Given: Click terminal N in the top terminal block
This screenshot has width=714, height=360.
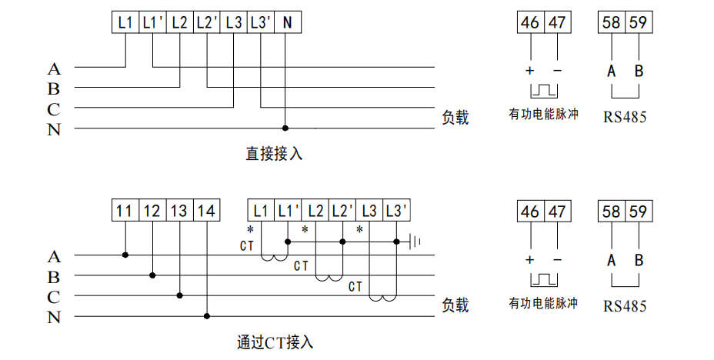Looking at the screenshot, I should (x=288, y=22).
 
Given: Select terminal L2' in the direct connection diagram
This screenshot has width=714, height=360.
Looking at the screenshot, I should (x=206, y=22).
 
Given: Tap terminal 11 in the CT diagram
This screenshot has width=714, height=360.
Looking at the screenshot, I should (x=125, y=211).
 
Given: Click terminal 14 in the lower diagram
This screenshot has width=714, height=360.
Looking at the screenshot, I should (x=205, y=211).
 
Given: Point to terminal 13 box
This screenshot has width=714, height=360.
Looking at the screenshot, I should (x=178, y=211).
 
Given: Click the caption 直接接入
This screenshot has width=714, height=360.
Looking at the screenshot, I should (x=275, y=154).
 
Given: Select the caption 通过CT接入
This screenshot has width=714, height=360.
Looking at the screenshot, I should (x=275, y=342).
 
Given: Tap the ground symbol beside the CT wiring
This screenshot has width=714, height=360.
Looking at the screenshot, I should (x=415, y=242).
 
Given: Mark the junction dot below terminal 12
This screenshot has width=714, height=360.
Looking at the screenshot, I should (x=152, y=275).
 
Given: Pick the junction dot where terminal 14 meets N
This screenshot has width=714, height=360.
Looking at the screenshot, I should (x=206, y=315).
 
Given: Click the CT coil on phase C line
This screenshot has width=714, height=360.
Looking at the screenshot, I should (x=382, y=298).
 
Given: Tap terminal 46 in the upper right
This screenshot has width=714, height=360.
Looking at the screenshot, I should (x=530, y=22).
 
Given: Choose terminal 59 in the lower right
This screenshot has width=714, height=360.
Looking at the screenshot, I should (x=638, y=211).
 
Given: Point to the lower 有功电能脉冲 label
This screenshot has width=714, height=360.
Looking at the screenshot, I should (x=543, y=303).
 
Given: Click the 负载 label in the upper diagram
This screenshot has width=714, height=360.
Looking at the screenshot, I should (x=455, y=118).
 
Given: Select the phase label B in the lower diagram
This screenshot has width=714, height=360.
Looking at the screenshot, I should (x=54, y=276).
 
